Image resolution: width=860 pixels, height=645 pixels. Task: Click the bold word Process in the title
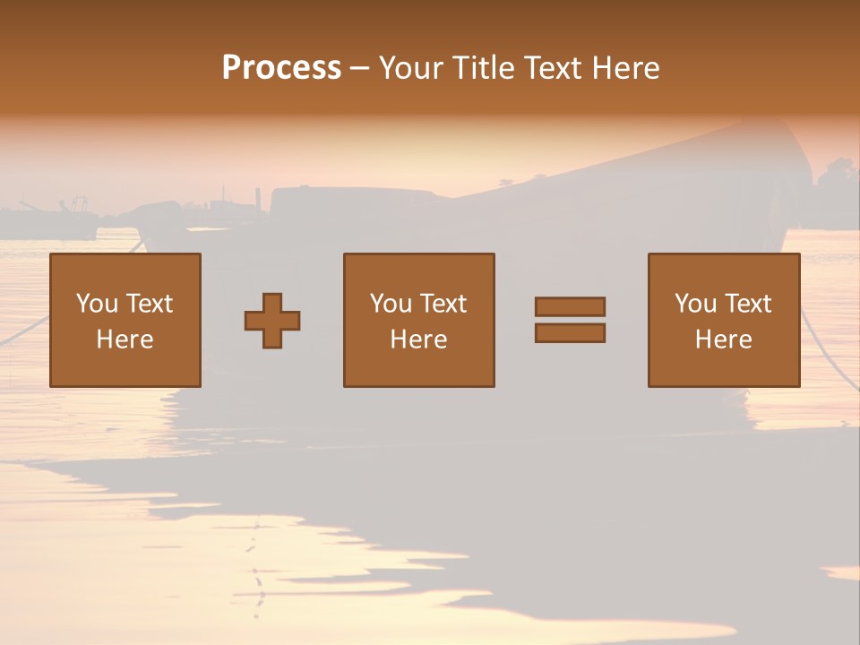(281, 67)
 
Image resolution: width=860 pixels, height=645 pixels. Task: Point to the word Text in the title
(555, 68)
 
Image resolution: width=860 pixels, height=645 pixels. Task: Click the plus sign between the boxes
(272, 320)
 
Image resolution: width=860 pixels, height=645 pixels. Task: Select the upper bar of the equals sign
(570, 306)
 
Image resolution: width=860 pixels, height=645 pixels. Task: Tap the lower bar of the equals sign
(570, 333)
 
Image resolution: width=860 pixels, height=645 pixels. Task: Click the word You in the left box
(97, 304)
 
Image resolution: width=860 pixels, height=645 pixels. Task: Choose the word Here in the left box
(125, 340)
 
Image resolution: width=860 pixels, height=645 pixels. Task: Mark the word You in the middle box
(391, 304)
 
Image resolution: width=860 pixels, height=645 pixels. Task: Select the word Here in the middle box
(418, 340)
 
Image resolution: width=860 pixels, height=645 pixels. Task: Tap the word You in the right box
(695, 304)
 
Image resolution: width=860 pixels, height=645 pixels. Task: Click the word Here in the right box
(723, 340)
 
